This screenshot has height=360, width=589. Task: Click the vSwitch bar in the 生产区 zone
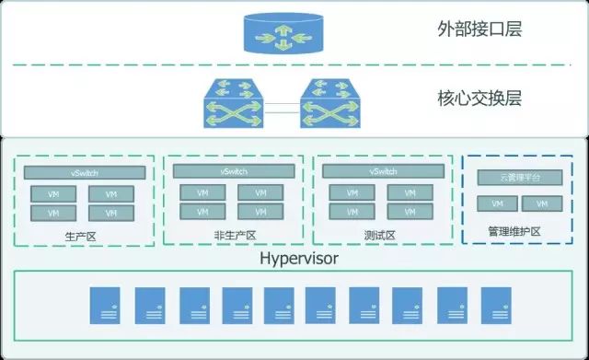tap(85, 172)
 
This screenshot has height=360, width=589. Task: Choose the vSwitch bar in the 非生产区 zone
tap(232, 172)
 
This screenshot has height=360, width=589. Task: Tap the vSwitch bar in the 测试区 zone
tap(383, 172)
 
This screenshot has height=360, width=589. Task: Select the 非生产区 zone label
tap(232, 236)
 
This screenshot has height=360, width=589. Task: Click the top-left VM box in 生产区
tap(54, 194)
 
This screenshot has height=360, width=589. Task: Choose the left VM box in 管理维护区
tap(498, 203)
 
